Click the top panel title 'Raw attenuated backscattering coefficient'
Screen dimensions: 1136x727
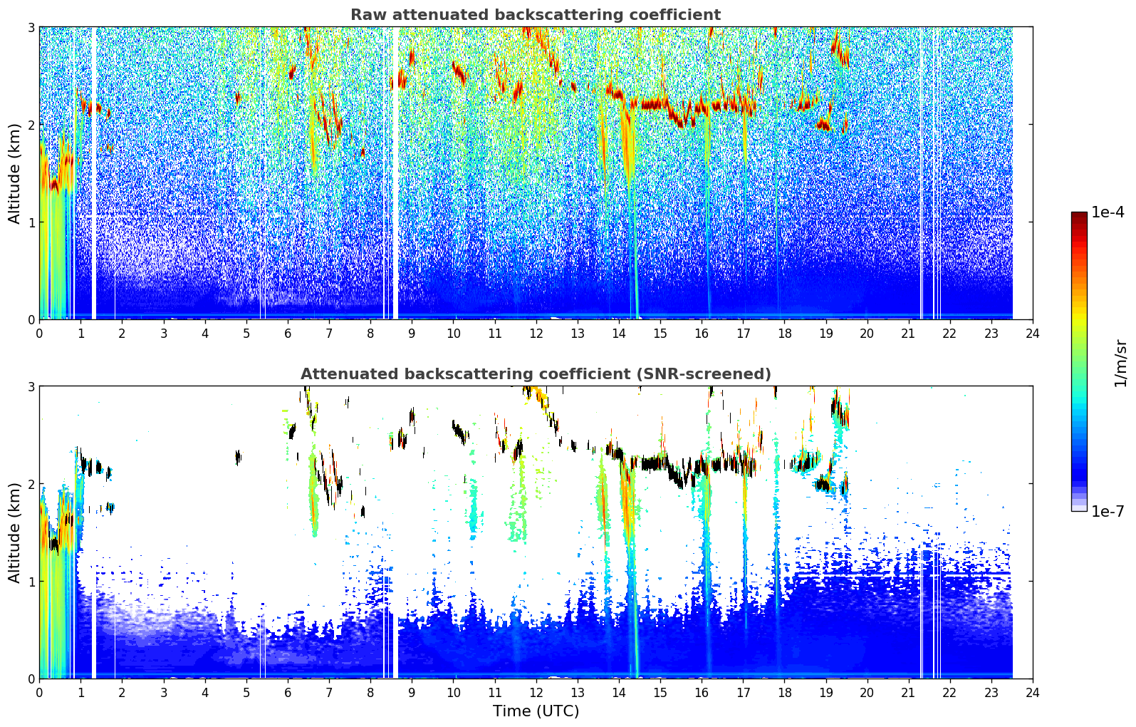(x=536, y=15)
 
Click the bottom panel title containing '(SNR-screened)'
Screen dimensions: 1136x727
(x=536, y=374)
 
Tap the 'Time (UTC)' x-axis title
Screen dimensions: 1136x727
(x=536, y=711)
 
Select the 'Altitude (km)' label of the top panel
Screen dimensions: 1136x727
(x=14, y=174)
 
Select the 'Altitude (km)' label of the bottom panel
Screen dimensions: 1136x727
(x=14, y=533)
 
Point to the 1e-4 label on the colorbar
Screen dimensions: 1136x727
(x=1108, y=212)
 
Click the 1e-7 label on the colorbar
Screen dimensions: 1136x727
(x=1108, y=511)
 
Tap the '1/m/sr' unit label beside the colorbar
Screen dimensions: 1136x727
(x=1120, y=363)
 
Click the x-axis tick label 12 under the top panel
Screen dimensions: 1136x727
(x=536, y=334)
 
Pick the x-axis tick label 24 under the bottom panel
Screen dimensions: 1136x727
(x=1033, y=693)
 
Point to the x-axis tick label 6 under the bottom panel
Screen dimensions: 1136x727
(x=288, y=693)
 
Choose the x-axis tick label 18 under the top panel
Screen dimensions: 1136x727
(x=785, y=334)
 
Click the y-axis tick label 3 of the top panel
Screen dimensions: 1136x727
(x=31, y=27)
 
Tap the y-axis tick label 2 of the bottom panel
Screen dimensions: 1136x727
(x=31, y=484)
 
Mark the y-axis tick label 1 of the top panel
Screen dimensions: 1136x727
(x=31, y=222)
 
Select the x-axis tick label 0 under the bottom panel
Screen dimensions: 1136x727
(x=40, y=693)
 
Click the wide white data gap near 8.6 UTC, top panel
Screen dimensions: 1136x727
(x=395, y=173)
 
